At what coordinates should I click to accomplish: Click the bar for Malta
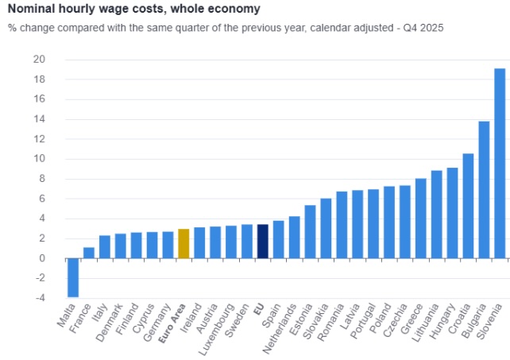coord(73,277)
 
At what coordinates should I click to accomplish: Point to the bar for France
coord(89,253)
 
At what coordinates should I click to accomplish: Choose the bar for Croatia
coord(468,206)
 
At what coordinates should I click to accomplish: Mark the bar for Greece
coord(421,218)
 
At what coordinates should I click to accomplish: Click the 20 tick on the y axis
coord(39,60)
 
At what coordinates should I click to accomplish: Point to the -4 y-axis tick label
coord(40,298)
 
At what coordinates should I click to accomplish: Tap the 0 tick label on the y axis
coord(42,258)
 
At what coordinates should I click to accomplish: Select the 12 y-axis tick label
coord(39,139)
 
